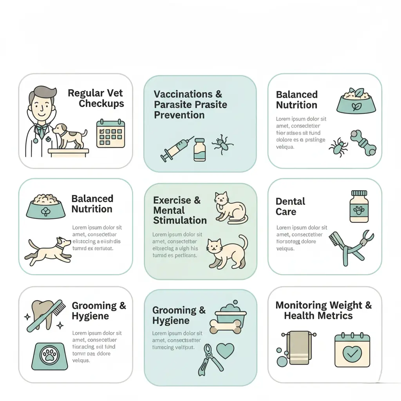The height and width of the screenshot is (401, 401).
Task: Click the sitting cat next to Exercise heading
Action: [x=230, y=208]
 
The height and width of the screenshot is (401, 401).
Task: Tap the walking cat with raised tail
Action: [x=227, y=252]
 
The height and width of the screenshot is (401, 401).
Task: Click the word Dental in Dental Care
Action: [x=290, y=202]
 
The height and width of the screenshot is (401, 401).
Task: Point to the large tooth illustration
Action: [x=42, y=313]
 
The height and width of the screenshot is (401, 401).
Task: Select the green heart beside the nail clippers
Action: [x=225, y=350]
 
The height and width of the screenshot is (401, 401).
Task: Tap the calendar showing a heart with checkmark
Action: [x=352, y=350]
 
